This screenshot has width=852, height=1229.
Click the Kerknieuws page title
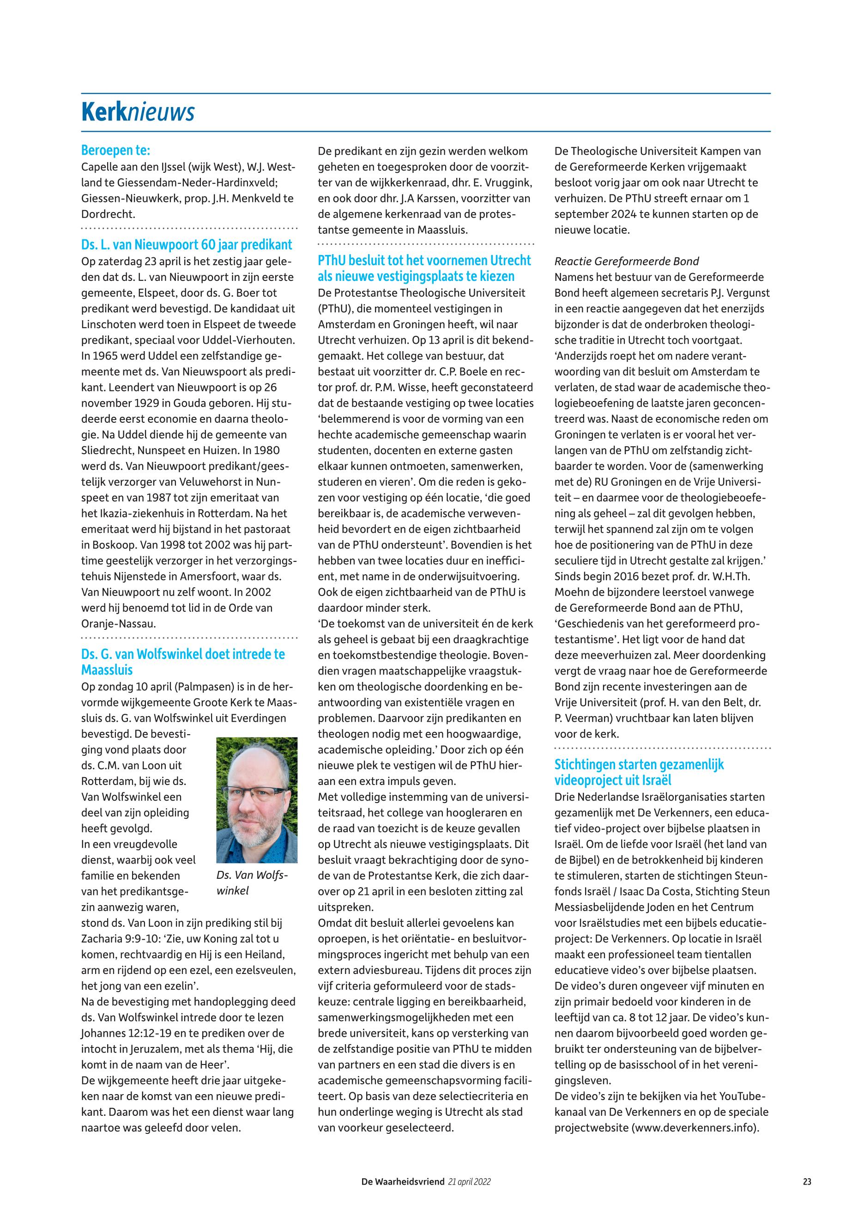tap(138, 112)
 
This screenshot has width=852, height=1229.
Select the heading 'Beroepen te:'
tap(115, 150)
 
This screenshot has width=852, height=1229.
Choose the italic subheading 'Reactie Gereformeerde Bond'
tap(626, 261)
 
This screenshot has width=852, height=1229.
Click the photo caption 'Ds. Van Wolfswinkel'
tap(251, 883)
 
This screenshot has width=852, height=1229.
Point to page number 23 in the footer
tap(807, 1181)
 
